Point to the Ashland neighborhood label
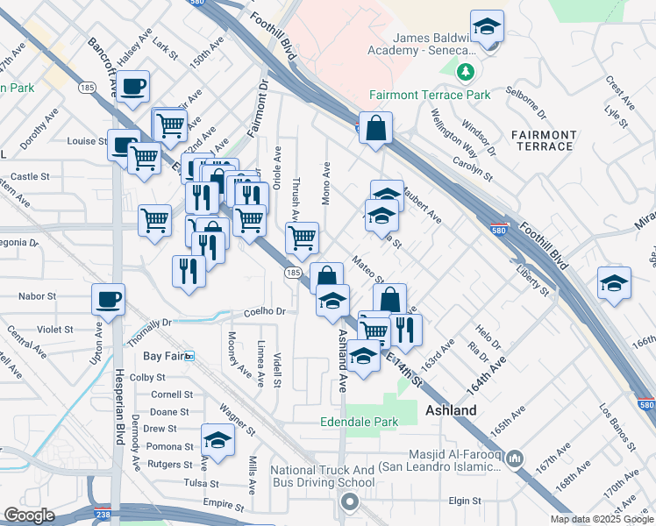451,410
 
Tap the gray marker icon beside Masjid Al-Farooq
515,458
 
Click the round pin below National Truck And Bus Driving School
350,502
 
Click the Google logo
29,515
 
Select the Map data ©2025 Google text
602,519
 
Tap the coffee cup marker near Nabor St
108,300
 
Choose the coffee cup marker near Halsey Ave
133,86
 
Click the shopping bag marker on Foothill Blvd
375,128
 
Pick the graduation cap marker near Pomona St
217,440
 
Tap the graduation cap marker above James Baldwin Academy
486,27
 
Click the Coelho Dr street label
266,311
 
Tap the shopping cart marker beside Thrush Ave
302,237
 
